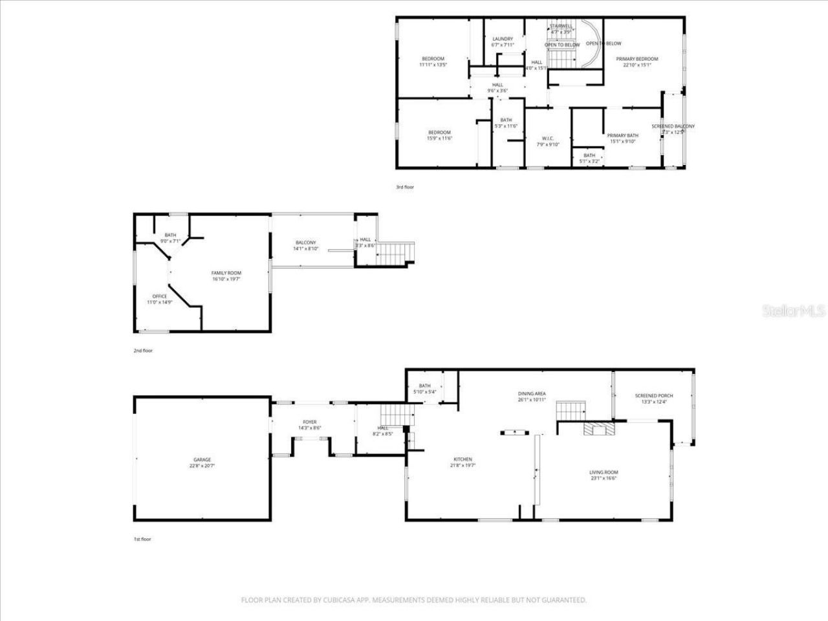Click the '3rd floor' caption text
[x=405, y=187]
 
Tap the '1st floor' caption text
[x=142, y=539]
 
